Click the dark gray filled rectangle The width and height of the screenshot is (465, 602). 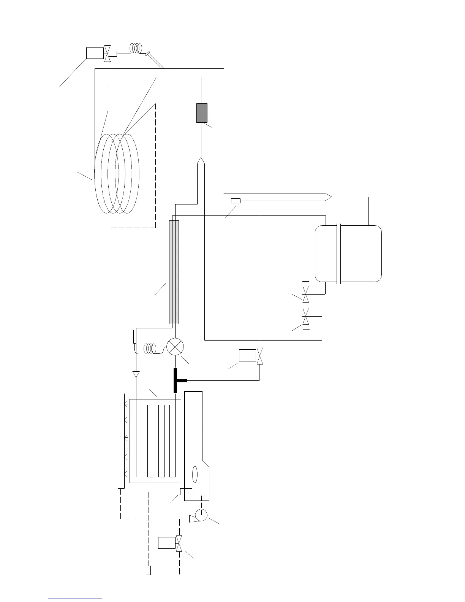pyautogui.click(x=202, y=113)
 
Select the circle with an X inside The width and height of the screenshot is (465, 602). pyautogui.click(x=175, y=347)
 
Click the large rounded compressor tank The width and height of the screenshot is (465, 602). pyautogui.click(x=348, y=253)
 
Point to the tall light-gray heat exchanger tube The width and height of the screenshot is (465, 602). pyautogui.click(x=174, y=272)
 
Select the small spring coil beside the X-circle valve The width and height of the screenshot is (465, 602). pyautogui.click(x=150, y=348)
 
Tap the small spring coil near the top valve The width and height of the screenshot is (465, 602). pyautogui.click(x=136, y=48)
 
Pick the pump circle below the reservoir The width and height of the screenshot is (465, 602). pyautogui.click(x=200, y=515)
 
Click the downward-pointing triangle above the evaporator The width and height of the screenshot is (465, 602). pyautogui.click(x=136, y=374)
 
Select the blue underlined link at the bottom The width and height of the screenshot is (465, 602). pyautogui.click(x=75, y=599)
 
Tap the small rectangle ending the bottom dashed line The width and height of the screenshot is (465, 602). pyautogui.click(x=148, y=570)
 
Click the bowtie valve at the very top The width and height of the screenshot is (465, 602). pyautogui.click(x=108, y=53)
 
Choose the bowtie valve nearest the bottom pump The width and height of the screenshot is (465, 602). pyautogui.click(x=179, y=543)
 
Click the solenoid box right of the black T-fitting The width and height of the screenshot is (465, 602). pyautogui.click(x=247, y=355)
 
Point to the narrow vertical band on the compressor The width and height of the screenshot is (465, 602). pyautogui.click(x=338, y=253)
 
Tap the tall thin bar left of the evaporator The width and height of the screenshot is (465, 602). pyautogui.click(x=121, y=441)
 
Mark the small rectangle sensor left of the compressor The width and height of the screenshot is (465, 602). pyautogui.click(x=236, y=201)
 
